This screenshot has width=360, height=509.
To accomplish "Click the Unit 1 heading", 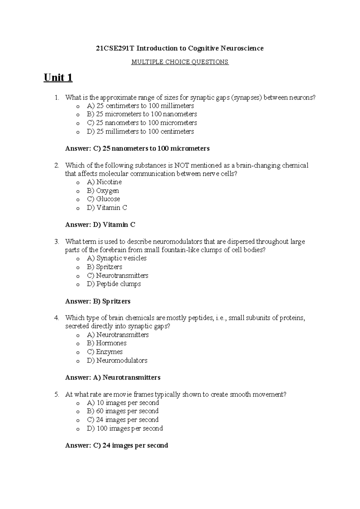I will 58,78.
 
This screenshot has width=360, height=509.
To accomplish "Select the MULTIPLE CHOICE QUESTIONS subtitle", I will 180,62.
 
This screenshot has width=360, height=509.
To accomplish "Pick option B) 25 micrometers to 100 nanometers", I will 142,114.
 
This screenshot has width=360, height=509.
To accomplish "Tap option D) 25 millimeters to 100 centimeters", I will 140,131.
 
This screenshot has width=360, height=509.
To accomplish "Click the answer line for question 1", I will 137,149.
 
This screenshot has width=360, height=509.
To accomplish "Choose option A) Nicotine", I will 104,182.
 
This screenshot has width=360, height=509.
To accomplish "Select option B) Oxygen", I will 103,191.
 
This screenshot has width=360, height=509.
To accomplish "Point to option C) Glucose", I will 103,199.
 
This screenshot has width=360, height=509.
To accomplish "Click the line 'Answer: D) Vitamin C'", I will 100,225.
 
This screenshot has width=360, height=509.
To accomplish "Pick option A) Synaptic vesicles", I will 116,258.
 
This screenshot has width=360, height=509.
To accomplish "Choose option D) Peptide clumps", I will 114,284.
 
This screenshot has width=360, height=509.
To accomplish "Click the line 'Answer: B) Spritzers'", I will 98,301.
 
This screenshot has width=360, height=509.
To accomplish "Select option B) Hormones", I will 106,343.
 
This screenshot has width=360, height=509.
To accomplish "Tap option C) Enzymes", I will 104,352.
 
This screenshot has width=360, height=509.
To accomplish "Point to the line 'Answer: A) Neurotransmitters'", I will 113,378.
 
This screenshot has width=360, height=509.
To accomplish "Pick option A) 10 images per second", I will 123,403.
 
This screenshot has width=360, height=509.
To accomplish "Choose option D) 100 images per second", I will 124,429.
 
